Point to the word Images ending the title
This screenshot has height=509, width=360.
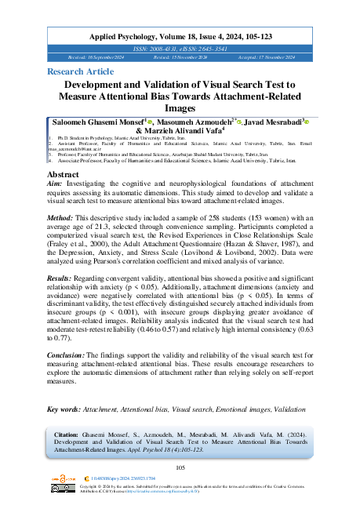click(x=180, y=109)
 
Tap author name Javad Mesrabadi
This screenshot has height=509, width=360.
click(x=272, y=123)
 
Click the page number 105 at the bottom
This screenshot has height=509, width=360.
click(x=180, y=467)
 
